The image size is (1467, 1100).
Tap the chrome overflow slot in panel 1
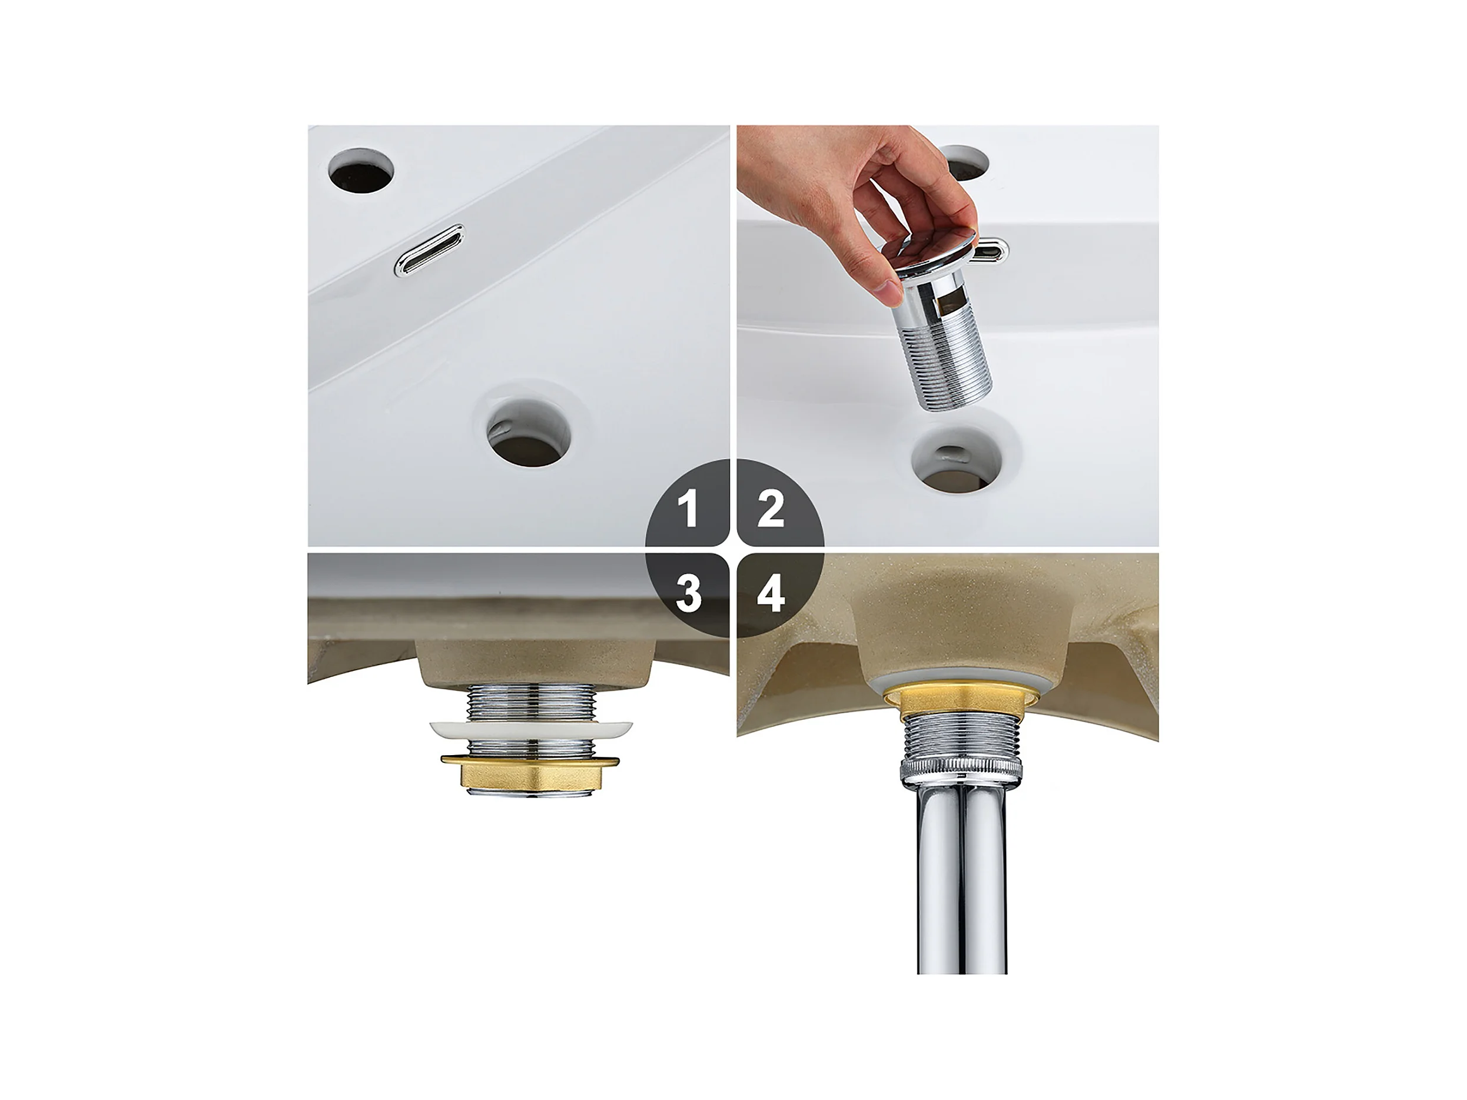pyautogui.click(x=429, y=250)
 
